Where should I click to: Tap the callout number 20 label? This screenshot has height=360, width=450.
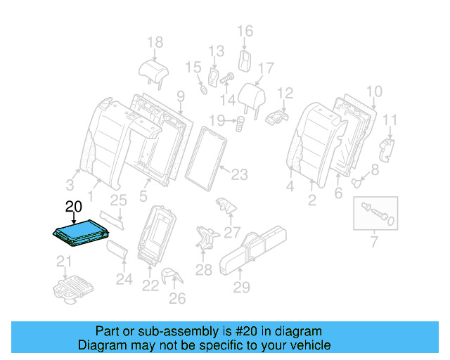point(73,207)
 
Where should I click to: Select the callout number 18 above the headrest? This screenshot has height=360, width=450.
point(155,42)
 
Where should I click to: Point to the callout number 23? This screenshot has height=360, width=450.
point(240,174)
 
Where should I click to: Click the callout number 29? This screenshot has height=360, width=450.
point(242,287)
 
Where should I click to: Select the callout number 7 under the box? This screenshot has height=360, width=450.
point(373,243)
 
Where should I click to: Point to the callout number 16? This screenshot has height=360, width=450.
point(245,30)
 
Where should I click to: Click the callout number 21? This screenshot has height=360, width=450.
point(64,263)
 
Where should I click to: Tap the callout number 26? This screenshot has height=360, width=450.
point(177,299)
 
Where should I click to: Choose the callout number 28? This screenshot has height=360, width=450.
point(203,269)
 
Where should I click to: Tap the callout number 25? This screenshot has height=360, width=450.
point(118,200)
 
